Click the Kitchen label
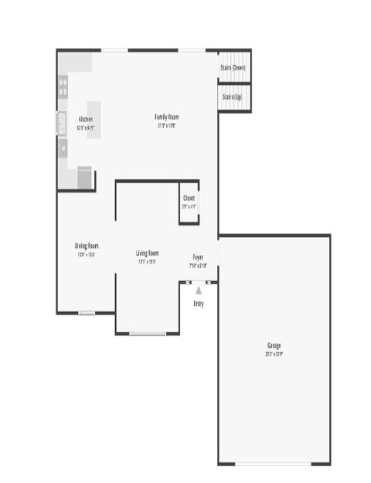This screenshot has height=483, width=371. click(x=86, y=119)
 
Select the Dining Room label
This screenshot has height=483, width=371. click(x=87, y=247)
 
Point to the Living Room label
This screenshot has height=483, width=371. click(x=147, y=253)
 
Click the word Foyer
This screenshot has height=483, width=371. click(x=199, y=257)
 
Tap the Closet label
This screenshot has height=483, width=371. click(x=189, y=198)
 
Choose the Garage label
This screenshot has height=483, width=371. click(x=274, y=345)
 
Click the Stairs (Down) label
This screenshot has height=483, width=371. click(x=234, y=68)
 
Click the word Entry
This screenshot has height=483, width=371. click(x=199, y=304)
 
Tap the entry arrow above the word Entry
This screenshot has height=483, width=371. click(x=199, y=291)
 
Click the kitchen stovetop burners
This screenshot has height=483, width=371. click(x=63, y=87)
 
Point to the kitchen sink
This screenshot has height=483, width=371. click(x=61, y=122)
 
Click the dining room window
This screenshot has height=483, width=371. click(x=87, y=313)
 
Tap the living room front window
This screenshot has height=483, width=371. click(x=147, y=334)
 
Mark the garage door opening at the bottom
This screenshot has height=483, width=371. click(x=274, y=464)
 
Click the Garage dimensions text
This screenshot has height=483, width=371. click(x=274, y=354)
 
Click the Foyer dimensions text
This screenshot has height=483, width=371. click(x=199, y=265)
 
